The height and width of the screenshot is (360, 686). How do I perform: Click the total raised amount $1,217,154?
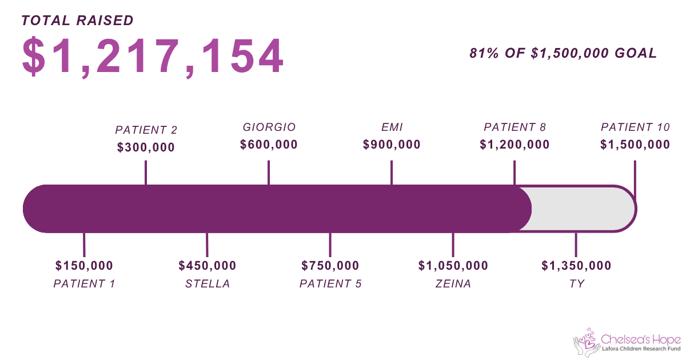153,57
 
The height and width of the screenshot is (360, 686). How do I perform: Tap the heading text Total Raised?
78,21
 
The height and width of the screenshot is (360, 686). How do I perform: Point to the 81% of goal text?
563,53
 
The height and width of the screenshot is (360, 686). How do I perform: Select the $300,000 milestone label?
146,147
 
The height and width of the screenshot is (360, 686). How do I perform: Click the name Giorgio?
269,127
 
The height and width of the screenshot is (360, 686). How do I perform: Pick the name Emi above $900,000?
392,127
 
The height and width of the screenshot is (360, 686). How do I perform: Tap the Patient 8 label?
514,127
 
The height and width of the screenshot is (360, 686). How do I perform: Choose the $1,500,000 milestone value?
635,145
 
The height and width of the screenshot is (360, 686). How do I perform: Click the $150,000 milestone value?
84,265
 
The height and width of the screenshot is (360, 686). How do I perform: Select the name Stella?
208,283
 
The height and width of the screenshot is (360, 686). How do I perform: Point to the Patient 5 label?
330,283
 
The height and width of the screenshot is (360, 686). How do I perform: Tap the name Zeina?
453,283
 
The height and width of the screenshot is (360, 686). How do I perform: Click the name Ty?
576,283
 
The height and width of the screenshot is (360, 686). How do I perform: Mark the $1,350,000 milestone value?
576,265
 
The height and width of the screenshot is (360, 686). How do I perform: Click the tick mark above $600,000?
269,173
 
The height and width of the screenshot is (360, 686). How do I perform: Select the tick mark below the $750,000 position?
330,245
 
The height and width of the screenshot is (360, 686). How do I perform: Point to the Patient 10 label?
635,127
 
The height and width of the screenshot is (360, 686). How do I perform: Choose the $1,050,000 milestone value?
453,265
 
